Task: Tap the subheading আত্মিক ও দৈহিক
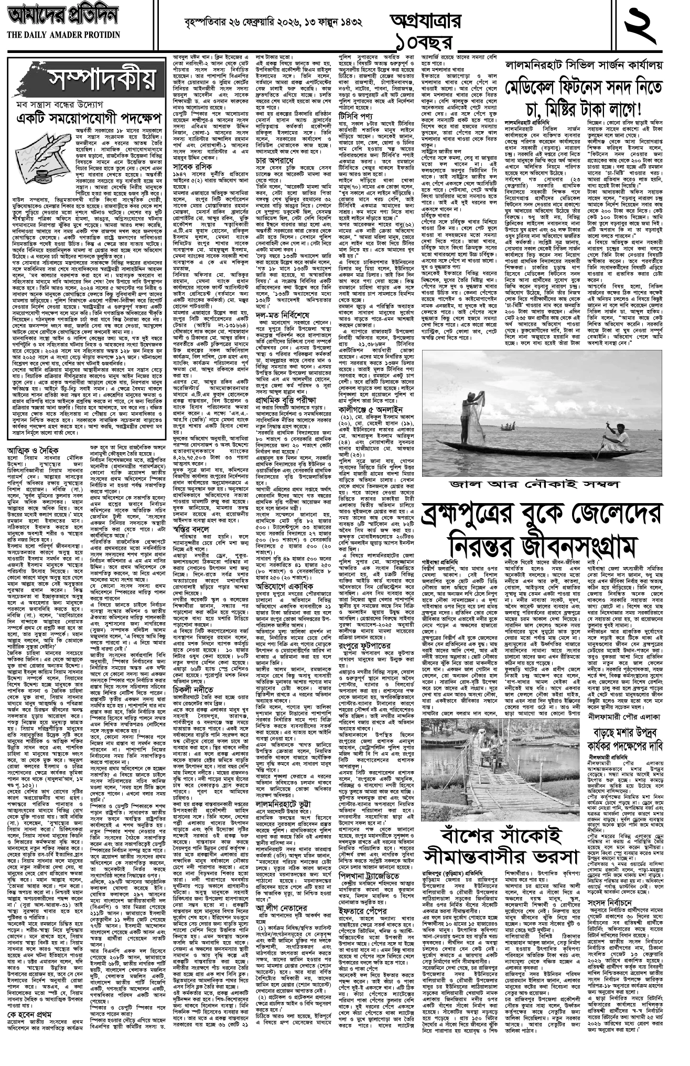click(39, 450)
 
